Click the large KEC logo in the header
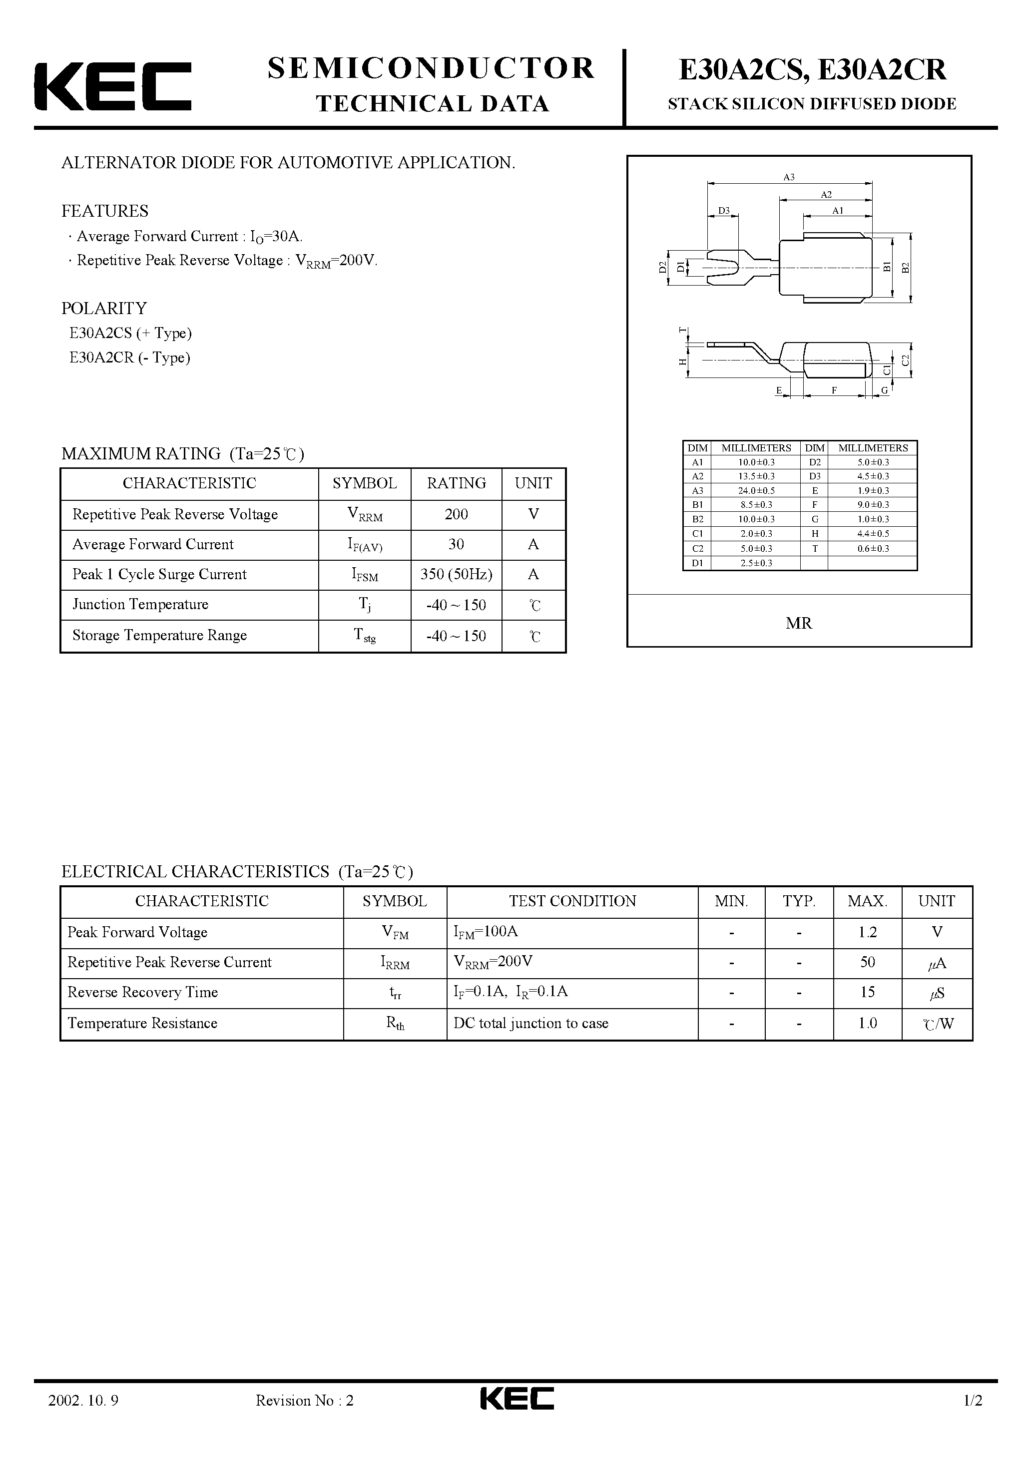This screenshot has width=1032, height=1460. (112, 86)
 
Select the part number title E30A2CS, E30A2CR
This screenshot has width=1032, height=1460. (812, 70)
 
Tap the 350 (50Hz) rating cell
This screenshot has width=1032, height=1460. (456, 575)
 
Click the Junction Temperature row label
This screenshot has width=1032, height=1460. (140, 605)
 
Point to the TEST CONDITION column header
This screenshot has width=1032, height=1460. (572, 901)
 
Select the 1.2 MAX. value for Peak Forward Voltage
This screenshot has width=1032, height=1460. (867, 932)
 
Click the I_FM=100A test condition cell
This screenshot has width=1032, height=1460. (486, 932)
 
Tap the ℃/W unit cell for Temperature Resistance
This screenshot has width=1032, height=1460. (937, 1024)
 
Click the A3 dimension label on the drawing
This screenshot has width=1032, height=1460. (789, 177)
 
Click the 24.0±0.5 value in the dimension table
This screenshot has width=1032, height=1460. (756, 490)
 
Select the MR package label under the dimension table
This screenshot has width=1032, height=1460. (799, 623)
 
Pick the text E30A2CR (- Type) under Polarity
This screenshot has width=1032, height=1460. (130, 358)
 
